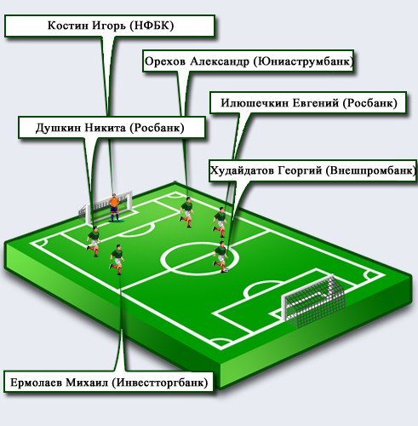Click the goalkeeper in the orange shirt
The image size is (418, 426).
coord(114,208)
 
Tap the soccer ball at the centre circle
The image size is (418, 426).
coord(226,270)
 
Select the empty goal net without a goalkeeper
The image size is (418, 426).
coord(313,300)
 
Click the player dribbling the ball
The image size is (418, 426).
coord(220,256)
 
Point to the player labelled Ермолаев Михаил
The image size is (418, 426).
coord(117,260)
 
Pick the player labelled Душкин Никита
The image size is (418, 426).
coord(94,241)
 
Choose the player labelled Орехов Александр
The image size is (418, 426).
coord(187,212)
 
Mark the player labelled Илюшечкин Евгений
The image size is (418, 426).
coord(220,222)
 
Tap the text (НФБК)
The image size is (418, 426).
coord(152,26)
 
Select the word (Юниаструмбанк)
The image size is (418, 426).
coord(303,61)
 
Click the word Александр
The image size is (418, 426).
coord(220,61)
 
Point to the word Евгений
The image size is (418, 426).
coord(316,103)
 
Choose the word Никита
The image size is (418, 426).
coord(106,128)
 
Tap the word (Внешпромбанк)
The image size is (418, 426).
coord(370,170)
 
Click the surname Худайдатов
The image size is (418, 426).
coord(242,170)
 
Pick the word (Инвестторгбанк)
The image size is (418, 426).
coord(160,383)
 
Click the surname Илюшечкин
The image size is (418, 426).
coord(255,103)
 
